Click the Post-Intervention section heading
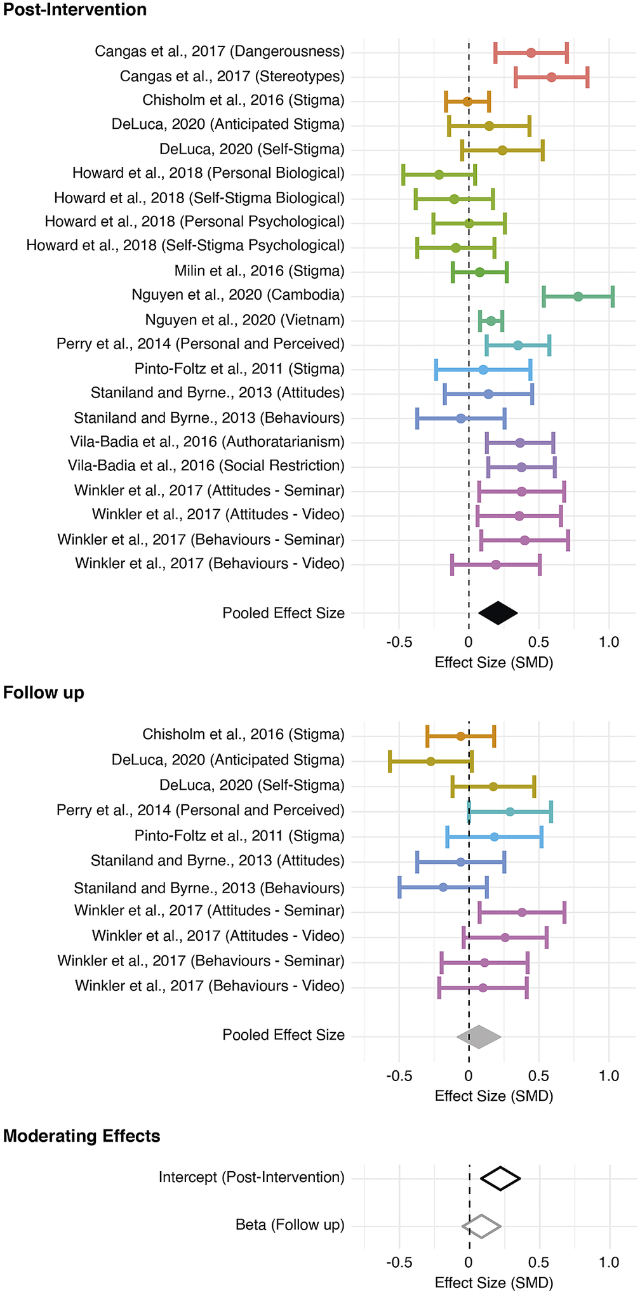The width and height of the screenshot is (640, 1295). click(75, 10)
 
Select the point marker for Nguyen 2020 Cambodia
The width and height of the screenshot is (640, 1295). click(578, 296)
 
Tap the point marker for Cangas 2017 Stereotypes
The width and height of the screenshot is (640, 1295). click(551, 77)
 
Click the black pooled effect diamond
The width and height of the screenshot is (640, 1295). click(498, 613)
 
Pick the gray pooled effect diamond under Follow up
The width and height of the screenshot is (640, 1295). click(479, 1037)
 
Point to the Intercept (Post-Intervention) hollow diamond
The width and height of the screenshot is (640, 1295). click(500, 1178)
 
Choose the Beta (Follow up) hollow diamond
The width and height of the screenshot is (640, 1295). click(481, 1226)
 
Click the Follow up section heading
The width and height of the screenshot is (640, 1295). click(44, 693)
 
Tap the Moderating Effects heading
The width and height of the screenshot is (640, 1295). click(82, 1136)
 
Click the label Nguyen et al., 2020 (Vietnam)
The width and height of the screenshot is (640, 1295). click(244, 320)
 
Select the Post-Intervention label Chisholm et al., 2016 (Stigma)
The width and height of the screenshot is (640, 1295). click(243, 100)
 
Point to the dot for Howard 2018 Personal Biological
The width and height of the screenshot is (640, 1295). click(439, 175)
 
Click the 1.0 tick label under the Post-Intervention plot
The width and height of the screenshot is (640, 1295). click(609, 642)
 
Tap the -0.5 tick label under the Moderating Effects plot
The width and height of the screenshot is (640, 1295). click(399, 1262)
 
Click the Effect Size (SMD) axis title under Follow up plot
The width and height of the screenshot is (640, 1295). click(494, 1096)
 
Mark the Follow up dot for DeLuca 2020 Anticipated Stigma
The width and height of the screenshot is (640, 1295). click(430, 761)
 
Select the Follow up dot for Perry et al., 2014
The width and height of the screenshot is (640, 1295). click(510, 811)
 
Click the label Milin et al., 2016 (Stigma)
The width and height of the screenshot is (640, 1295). click(259, 271)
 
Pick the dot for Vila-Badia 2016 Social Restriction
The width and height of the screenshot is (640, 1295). click(521, 467)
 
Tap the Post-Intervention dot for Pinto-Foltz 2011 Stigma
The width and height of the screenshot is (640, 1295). click(483, 369)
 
